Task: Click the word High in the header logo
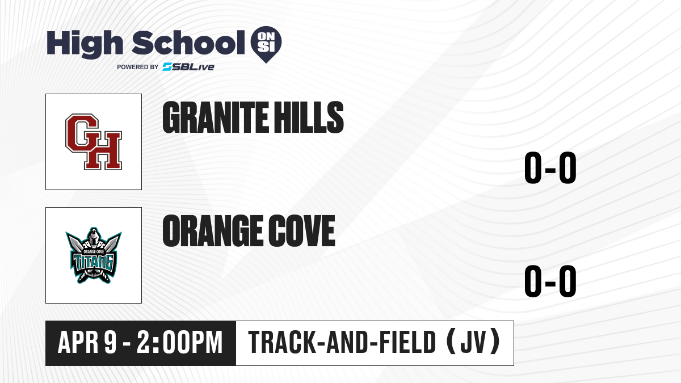pos(85,44)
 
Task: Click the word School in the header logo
pos(188,43)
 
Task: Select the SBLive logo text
pos(188,66)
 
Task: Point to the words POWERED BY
pos(138,67)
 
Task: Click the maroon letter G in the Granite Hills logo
pos(82,133)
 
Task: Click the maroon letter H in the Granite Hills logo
pos(103,150)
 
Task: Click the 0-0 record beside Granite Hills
pos(550,167)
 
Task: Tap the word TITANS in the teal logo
pos(94,263)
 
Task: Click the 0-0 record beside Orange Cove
pos(550,281)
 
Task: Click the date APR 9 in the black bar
pos(87,342)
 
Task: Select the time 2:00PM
pos(180,342)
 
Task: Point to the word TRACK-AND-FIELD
pos(342,342)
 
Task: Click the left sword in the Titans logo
pos(75,243)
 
